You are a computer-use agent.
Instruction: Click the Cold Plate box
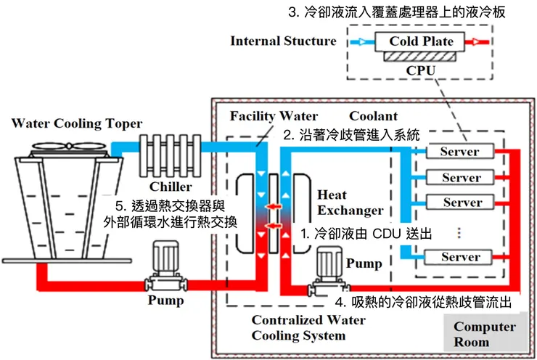click(422, 41)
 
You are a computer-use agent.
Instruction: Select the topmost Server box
click(461, 152)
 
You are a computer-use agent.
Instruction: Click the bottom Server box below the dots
click(461, 257)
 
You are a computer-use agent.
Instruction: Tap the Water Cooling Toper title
click(77, 123)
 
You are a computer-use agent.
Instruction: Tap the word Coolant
click(373, 116)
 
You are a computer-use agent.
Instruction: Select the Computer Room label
click(485, 334)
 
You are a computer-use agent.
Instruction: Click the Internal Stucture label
click(283, 41)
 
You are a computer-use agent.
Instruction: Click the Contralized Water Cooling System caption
click(308, 327)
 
